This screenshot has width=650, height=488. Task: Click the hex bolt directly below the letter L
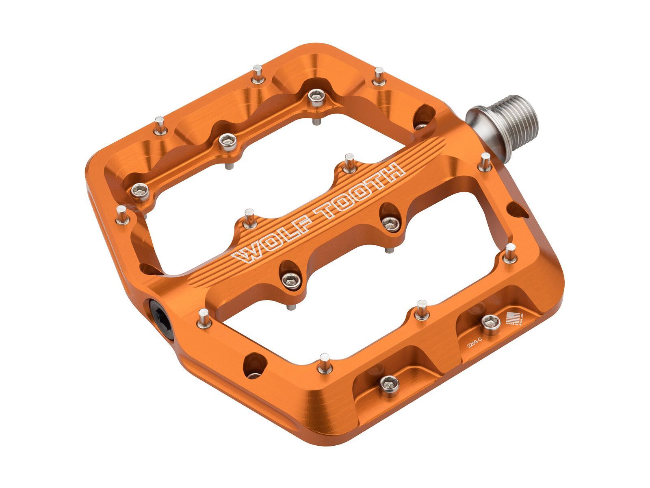pos(291,279)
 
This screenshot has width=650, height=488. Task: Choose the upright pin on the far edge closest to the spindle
pos(379,76)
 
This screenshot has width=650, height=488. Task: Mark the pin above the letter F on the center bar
pos(249,218)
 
